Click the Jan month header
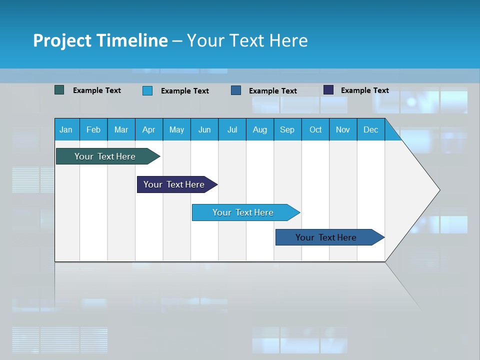[x=66, y=129]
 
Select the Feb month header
[x=93, y=129]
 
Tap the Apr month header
[x=149, y=129]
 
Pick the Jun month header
[x=204, y=129]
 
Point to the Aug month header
[x=260, y=129]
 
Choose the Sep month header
[x=287, y=129]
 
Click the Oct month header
[x=315, y=129]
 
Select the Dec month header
[x=371, y=129]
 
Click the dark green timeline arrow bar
[x=105, y=156]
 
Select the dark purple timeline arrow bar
[x=174, y=184]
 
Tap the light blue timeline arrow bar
[x=243, y=212]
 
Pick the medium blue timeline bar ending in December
[x=326, y=237]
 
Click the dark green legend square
[x=59, y=90]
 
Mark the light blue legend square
[x=147, y=90]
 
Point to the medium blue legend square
[x=236, y=90]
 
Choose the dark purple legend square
[x=328, y=90]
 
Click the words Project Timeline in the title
[x=100, y=40]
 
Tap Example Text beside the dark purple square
[x=365, y=90]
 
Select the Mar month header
[x=121, y=129]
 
